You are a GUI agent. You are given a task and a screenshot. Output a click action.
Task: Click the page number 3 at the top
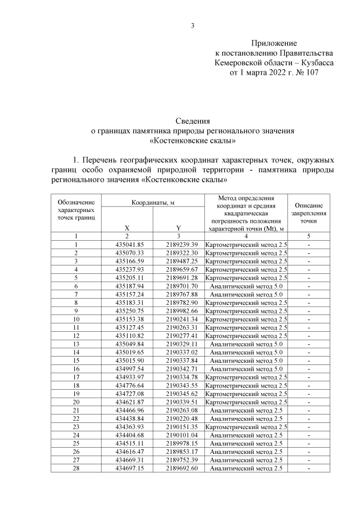point(192,25)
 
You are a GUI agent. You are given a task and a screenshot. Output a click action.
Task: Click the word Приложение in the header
point(274,43)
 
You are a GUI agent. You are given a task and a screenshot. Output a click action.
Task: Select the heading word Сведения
point(192,121)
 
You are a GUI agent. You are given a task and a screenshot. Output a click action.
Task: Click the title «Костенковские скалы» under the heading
point(192,141)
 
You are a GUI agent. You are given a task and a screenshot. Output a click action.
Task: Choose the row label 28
point(75,469)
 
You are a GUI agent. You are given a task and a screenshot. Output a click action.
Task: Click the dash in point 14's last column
point(308,352)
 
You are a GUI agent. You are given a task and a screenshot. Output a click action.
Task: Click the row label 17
point(75,377)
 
